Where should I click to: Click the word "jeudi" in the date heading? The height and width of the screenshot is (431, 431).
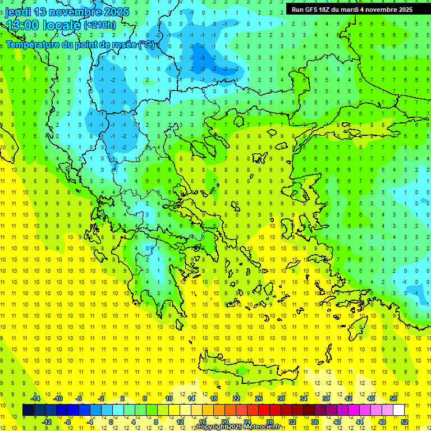[x=18, y=12]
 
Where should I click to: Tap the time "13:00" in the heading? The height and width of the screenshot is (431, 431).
[x=22, y=25]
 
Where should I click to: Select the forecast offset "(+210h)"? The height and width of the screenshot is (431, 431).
[x=100, y=25]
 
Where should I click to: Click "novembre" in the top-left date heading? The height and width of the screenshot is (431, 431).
[x=76, y=12]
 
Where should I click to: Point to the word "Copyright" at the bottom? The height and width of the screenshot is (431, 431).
[x=213, y=427]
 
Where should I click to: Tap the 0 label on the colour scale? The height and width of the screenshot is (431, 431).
[x=111, y=422]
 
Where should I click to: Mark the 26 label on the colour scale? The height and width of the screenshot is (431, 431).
[x=259, y=398]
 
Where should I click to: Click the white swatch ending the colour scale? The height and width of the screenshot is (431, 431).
[x=399, y=410]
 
